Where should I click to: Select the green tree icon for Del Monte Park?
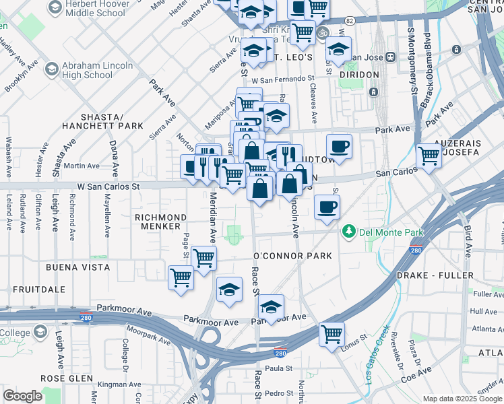[348, 232]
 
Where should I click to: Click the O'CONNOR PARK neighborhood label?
[292, 256]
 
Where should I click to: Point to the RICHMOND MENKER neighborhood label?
[160, 222]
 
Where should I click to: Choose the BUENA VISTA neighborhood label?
[77, 267]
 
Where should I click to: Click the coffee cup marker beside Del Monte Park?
[327, 207]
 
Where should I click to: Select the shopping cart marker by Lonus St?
[332, 333]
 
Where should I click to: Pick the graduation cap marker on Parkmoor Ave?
[271, 308]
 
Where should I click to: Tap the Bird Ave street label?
[467, 239]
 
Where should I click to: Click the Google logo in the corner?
[22, 396]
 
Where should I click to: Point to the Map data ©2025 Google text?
[462, 399]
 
